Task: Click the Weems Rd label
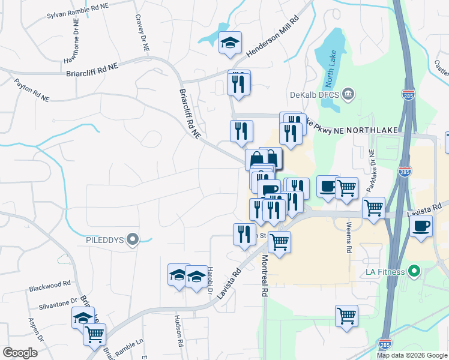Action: (348, 238)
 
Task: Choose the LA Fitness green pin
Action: (414, 272)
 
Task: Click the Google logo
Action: (20, 353)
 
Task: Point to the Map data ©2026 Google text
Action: (412, 355)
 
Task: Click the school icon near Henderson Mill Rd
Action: (230, 43)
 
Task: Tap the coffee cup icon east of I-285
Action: (421, 226)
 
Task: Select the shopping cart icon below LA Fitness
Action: (347, 316)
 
